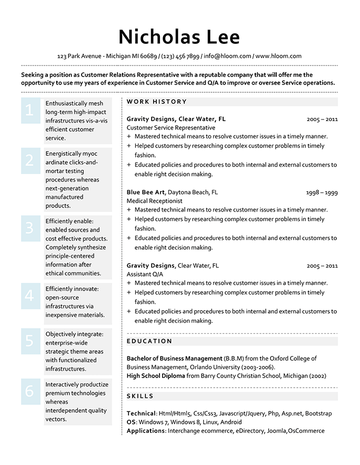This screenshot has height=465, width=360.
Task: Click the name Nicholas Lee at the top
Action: click(179, 36)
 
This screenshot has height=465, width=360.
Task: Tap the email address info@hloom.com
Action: click(227, 56)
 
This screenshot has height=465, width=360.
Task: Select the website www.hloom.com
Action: click(278, 56)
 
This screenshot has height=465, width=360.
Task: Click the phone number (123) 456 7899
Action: click(181, 56)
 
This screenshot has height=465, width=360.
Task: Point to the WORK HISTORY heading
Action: click(157, 102)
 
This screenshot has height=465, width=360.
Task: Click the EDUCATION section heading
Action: click(149, 341)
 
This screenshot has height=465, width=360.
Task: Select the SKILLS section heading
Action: click(140, 396)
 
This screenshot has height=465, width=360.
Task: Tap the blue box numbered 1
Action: click(30, 110)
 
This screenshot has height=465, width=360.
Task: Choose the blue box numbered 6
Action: click(30, 391)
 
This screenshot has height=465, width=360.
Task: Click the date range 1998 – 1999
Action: click(322, 193)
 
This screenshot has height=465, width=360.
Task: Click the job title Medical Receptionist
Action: click(155, 201)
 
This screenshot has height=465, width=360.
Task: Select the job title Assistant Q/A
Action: click(145, 274)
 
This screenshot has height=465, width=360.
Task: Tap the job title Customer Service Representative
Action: click(171, 127)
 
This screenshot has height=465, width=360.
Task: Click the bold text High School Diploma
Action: click(156, 376)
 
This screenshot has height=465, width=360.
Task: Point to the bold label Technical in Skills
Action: click(141, 413)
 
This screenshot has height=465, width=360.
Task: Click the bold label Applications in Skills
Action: click(146, 431)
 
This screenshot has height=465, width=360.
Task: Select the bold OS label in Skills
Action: click(131, 422)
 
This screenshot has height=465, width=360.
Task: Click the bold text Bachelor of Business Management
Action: click(174, 358)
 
